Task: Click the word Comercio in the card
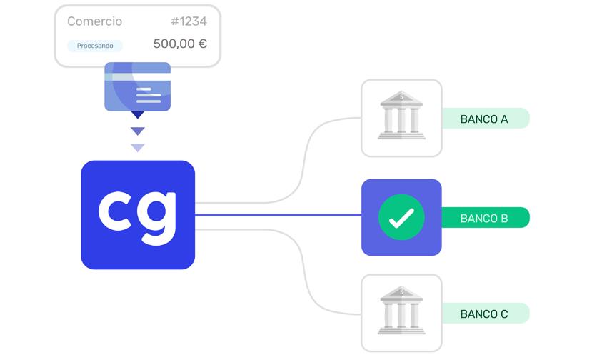tap(94, 21)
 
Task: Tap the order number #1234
tap(189, 21)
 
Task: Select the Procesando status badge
tap(95, 46)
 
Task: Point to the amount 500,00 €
tap(180, 44)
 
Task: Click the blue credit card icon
tap(137, 86)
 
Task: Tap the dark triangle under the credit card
tap(137, 114)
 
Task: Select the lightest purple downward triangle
tap(137, 148)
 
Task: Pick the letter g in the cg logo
tap(159, 214)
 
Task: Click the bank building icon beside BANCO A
tap(401, 117)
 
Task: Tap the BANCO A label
tap(484, 119)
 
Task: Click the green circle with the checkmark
tap(401, 217)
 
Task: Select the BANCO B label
tap(484, 218)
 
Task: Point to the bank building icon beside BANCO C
tap(401, 312)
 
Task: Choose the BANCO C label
tap(484, 314)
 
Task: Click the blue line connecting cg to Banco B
tap(279, 214)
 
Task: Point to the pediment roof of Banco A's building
tap(401, 98)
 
